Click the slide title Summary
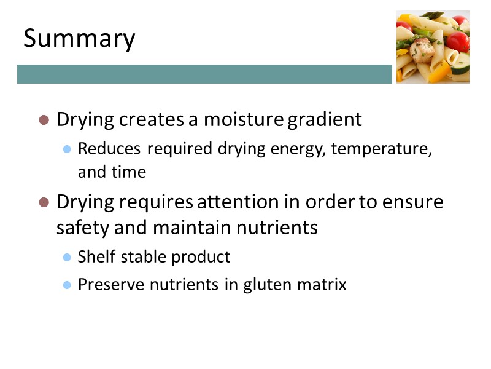click(x=79, y=39)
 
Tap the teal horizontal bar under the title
click(x=204, y=74)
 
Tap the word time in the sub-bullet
click(x=128, y=172)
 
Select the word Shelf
click(x=94, y=256)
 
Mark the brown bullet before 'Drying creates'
click(x=44, y=119)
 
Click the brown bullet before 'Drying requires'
click(x=44, y=202)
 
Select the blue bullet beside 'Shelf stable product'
click(x=68, y=257)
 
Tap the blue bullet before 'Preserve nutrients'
click(x=68, y=285)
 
